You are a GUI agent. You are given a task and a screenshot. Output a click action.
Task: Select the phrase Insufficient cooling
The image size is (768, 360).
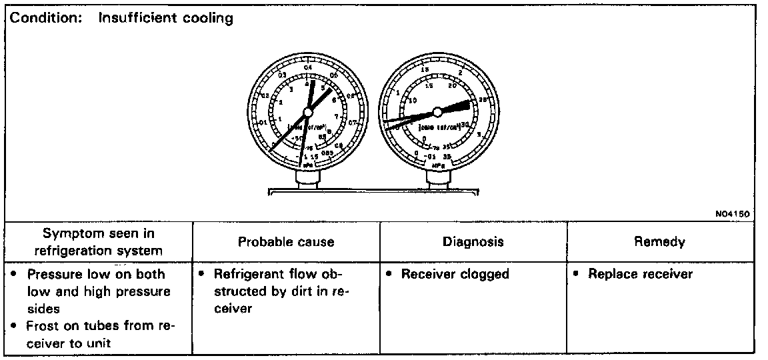166,18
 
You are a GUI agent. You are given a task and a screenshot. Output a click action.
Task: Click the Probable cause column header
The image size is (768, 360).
286,242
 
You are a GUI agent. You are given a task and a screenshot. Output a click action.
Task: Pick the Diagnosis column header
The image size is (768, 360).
473,242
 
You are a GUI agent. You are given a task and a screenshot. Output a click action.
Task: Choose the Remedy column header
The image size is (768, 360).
660,242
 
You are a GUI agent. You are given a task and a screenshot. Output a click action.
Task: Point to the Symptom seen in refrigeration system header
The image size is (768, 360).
98,242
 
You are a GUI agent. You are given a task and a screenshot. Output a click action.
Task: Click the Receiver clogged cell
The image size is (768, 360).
455,274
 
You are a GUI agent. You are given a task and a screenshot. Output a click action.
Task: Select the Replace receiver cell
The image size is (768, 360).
640,274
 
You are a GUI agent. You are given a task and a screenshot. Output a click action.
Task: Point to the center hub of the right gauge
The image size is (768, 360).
437,111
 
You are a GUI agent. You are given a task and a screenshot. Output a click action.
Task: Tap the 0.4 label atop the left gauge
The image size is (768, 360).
307,67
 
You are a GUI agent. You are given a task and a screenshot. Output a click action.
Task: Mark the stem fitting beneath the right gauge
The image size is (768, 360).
437,178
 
